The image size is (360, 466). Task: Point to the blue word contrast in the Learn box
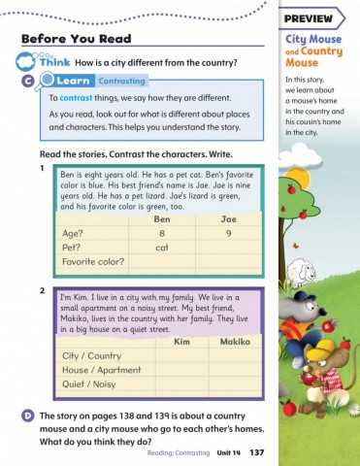tap(77, 99)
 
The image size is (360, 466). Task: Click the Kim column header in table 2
tap(180, 343)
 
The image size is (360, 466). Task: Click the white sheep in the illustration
tap(305, 269)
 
